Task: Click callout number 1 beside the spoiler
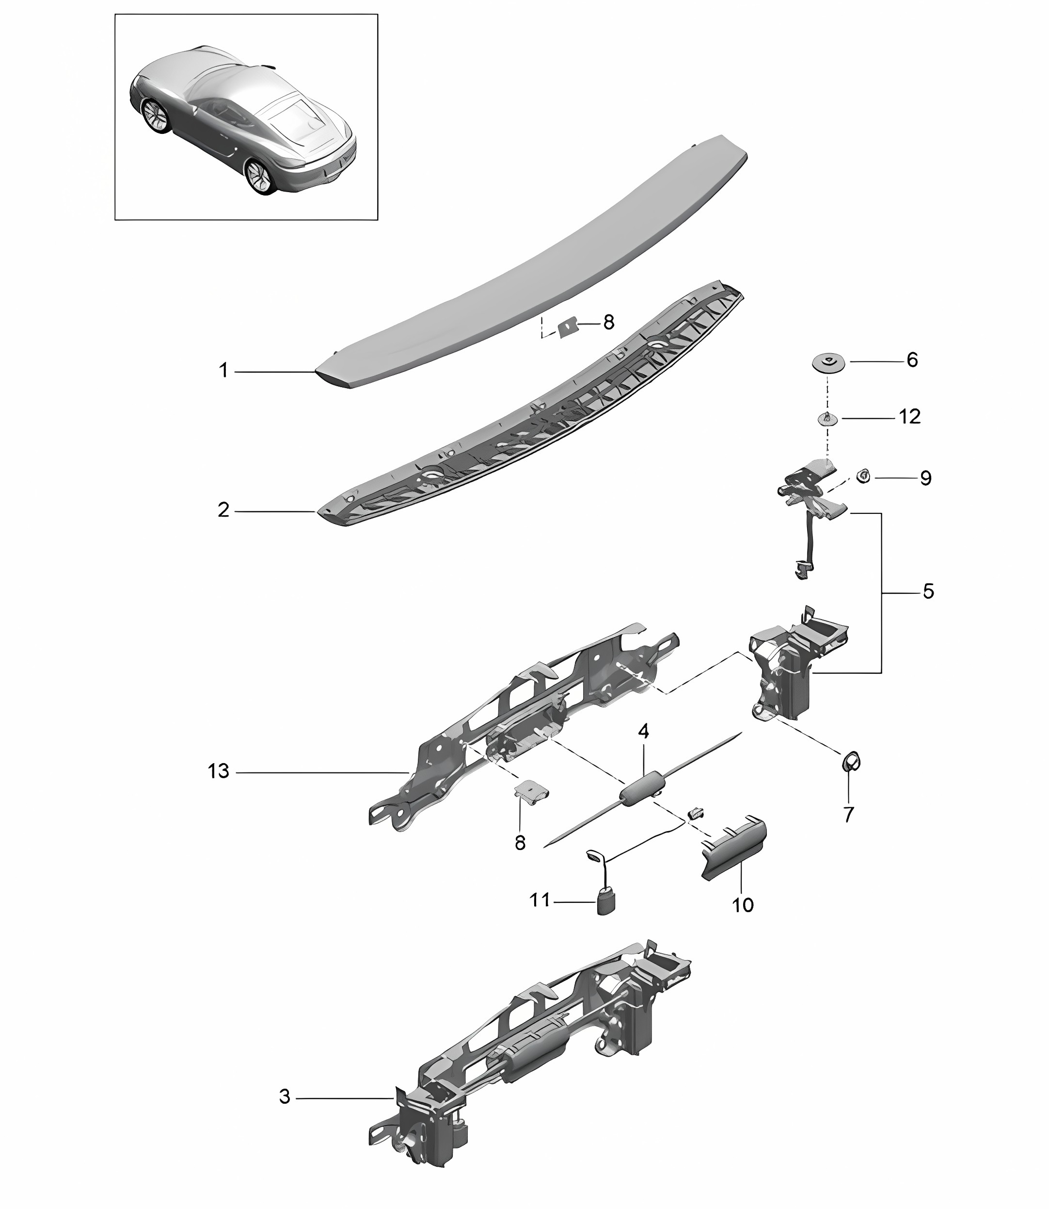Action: click(x=223, y=371)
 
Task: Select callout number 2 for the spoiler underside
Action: click(x=223, y=510)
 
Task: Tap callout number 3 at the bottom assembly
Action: click(x=285, y=1096)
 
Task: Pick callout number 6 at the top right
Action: click(x=912, y=359)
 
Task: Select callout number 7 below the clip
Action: click(x=849, y=814)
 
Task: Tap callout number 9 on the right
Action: click(x=925, y=478)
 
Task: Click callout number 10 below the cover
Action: click(x=743, y=905)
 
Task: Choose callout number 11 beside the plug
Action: click(x=540, y=899)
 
